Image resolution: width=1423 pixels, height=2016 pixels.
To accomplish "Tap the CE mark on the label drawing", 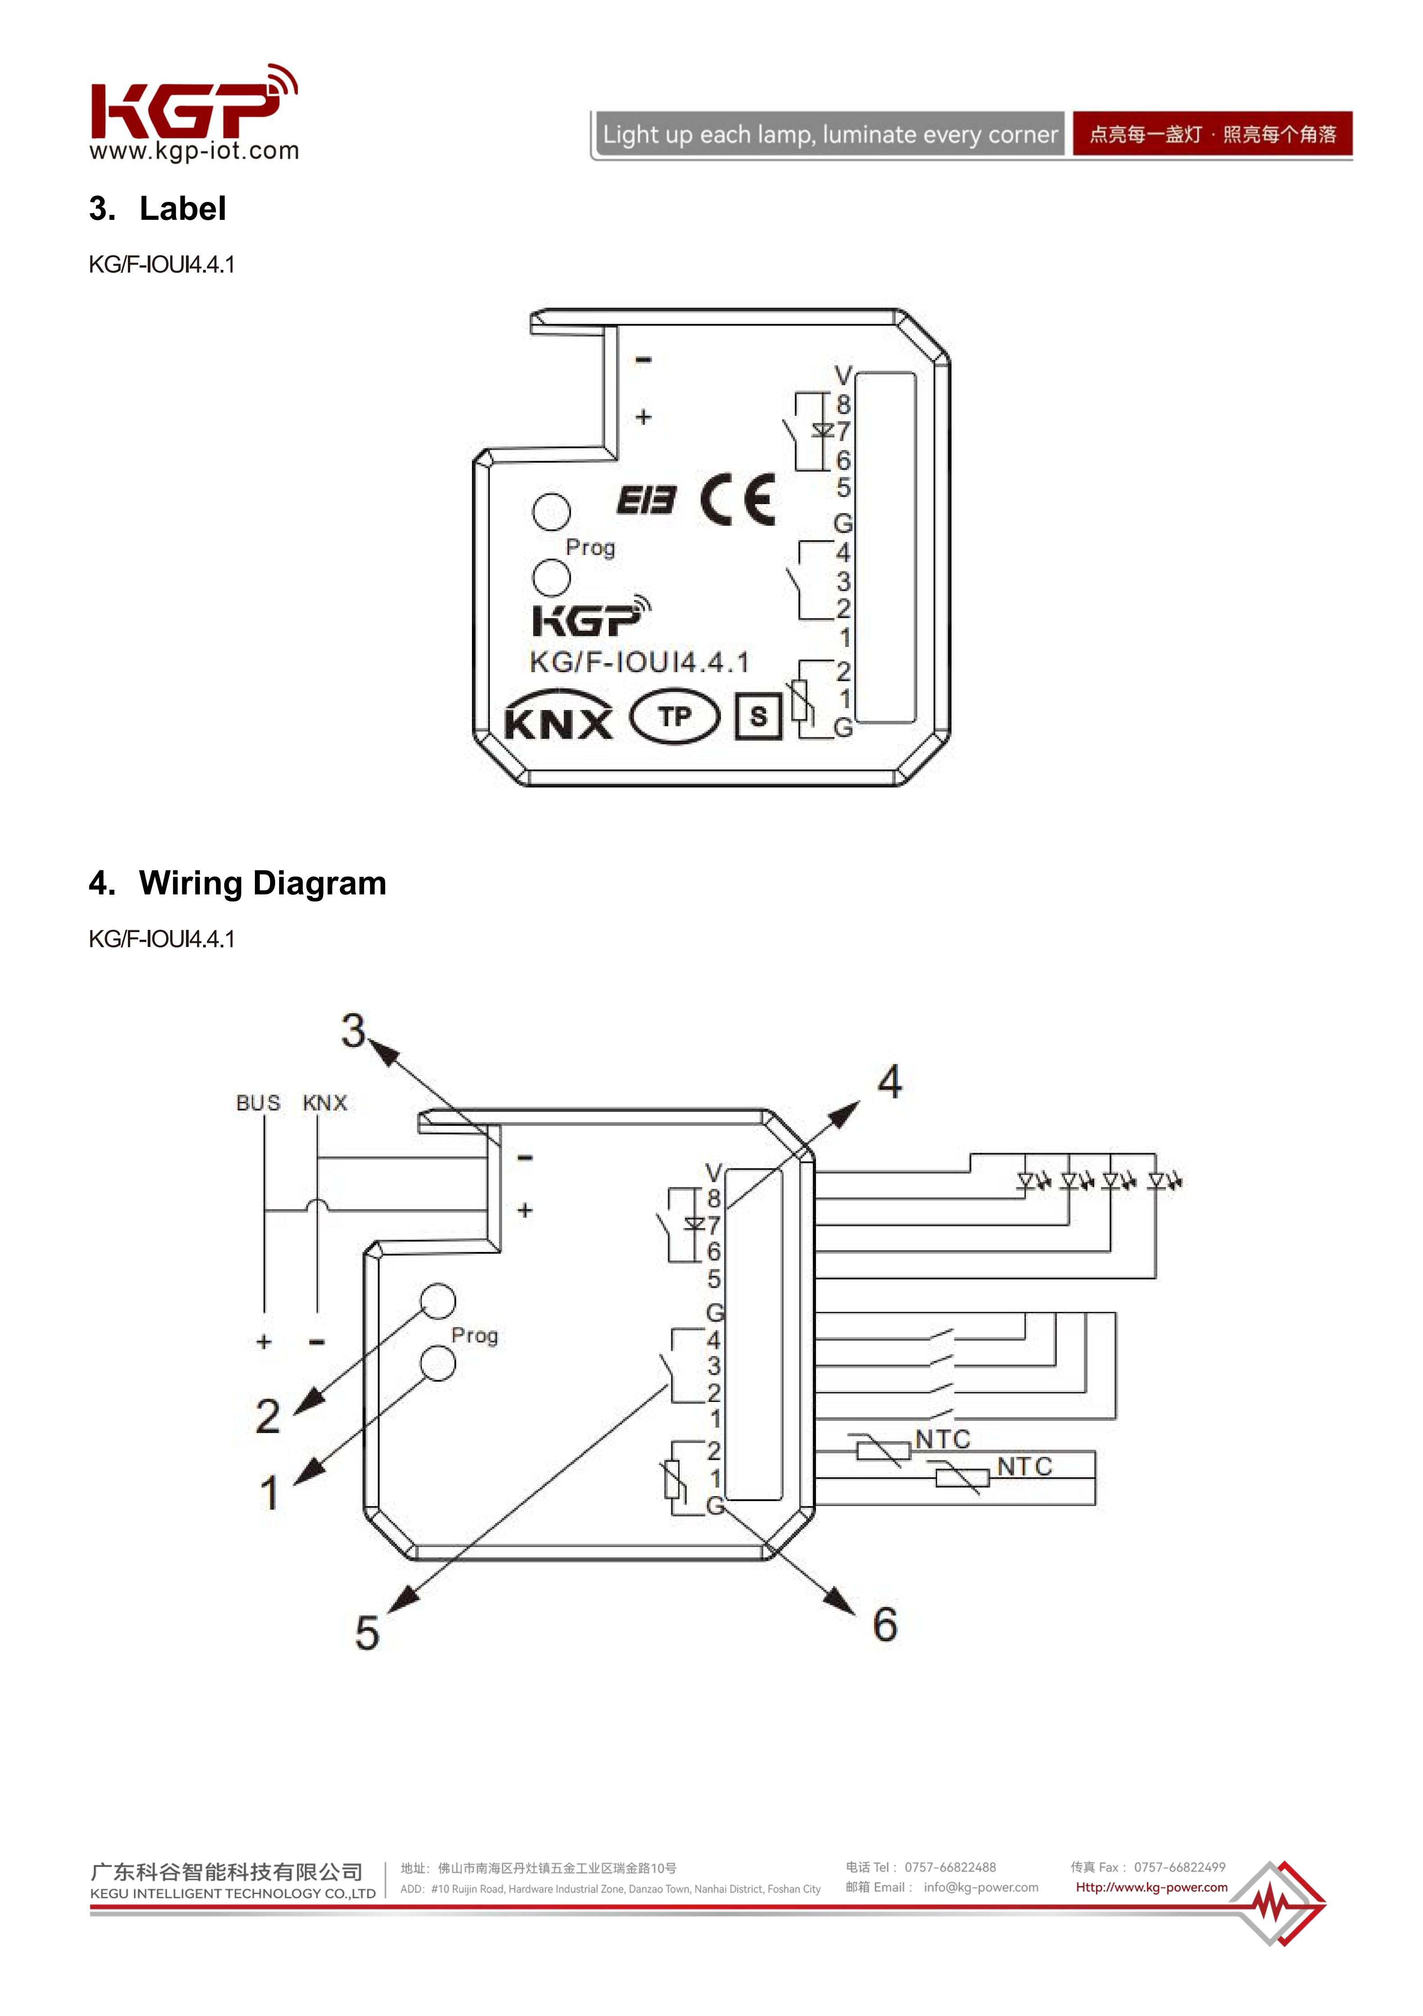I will [738, 500].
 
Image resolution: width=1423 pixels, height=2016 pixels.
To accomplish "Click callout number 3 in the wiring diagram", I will [353, 1031].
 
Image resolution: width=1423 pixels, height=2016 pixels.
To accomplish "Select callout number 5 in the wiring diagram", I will [367, 1633].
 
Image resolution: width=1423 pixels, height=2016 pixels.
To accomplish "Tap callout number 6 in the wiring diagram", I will [885, 1625].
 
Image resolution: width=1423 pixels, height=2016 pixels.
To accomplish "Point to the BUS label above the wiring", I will [258, 1103].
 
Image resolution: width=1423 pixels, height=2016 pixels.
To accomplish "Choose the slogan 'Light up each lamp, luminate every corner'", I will [829, 134].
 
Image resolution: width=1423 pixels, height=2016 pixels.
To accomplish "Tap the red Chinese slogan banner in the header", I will [1212, 134].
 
